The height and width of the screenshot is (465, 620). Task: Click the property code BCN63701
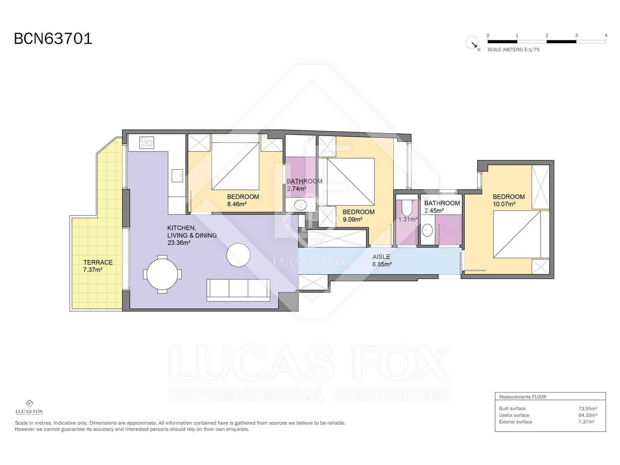[x=53, y=39]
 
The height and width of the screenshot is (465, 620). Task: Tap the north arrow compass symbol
[x=472, y=42]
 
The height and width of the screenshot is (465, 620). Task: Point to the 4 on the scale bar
[x=606, y=35]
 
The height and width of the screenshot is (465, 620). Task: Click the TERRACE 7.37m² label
[x=98, y=266]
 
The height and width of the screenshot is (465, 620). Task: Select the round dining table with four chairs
[x=162, y=274]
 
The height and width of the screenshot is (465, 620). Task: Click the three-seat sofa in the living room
[x=238, y=289]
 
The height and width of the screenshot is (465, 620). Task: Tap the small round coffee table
[x=238, y=255]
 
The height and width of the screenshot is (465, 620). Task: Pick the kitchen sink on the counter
[x=177, y=176]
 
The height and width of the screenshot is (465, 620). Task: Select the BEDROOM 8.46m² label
[x=243, y=200]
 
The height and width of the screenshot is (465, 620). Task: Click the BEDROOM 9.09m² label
[x=358, y=215]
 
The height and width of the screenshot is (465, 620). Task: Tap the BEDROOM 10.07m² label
[x=508, y=200]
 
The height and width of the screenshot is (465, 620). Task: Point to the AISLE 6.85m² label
[x=381, y=260]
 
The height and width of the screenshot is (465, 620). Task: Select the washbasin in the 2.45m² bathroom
[x=427, y=230]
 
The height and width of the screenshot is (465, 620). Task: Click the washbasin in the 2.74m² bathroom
[x=300, y=205]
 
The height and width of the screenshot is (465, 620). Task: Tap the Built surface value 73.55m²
[x=587, y=408]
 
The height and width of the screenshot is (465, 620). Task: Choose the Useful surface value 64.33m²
[x=587, y=415]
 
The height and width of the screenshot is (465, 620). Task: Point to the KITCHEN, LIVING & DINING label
[x=191, y=235]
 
